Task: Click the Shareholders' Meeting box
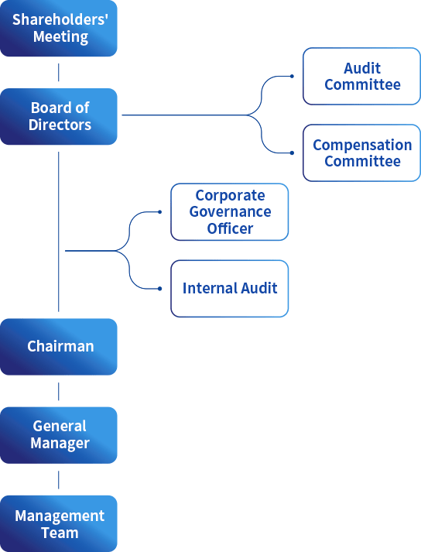coord(59,29)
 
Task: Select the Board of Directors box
coord(59,116)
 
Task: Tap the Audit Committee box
coord(362,77)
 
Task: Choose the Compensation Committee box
coord(362,153)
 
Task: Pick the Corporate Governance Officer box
coord(229,212)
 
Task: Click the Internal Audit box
coord(229,289)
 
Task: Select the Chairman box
coord(59,347)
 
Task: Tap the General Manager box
coord(59,435)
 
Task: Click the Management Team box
coord(59,523)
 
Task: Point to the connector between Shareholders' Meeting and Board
coord(59,73)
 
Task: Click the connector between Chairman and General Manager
coord(59,391)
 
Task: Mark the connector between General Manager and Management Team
coord(59,479)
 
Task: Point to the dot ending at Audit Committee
coord(292,77)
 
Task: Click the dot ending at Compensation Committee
coord(292,153)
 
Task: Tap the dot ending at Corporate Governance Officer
coord(159,212)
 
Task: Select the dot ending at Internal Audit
coord(159,289)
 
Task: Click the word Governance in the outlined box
coord(230,212)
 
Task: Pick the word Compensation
coord(362,145)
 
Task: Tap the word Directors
coord(60,125)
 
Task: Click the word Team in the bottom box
coord(60,533)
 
